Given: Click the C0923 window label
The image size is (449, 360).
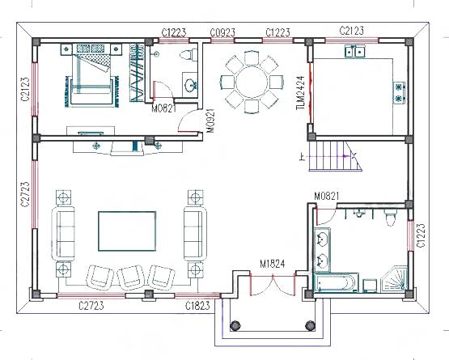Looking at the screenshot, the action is click(222, 32).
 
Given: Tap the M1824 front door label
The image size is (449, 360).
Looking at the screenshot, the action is click(273, 264).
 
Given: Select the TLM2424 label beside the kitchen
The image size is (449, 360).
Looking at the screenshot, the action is click(300, 93).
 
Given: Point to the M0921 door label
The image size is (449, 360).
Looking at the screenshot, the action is click(211, 121).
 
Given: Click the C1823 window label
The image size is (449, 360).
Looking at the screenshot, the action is click(197, 306).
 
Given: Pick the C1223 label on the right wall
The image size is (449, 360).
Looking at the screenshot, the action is click(421, 235).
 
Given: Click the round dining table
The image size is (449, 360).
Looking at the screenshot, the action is click(252, 82).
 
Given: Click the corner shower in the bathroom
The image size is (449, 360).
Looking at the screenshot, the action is click(395, 279).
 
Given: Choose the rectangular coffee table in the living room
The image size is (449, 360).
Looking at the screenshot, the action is click(127, 231).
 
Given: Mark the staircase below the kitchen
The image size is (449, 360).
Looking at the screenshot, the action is click(335, 156).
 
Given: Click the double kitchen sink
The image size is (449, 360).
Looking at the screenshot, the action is click(354, 52).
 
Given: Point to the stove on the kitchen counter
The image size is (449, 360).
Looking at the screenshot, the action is click(399, 92).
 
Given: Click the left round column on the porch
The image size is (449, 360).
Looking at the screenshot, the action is click(235, 325).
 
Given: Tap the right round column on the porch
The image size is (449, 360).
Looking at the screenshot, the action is click(310, 325).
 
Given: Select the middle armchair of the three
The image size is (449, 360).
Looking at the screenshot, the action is click(130, 277).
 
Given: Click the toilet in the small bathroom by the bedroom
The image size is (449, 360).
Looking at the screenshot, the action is click(189, 54).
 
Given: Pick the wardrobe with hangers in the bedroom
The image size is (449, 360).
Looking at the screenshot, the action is click(136, 73).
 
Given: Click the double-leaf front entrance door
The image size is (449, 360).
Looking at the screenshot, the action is click(273, 284).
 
